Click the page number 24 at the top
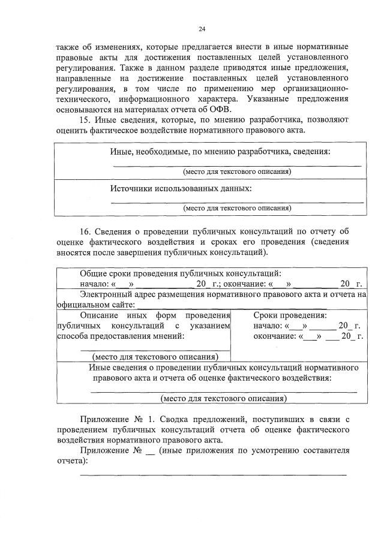point(202,29)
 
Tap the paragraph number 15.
point(85,119)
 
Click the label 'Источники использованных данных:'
point(181,188)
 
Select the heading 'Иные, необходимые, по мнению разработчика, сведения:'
point(220,151)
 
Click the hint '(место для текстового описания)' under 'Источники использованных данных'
point(237,208)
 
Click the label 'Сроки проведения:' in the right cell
point(290,315)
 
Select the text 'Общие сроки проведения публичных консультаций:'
point(180,273)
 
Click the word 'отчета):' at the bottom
point(71,461)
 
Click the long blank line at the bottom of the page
point(213,475)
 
